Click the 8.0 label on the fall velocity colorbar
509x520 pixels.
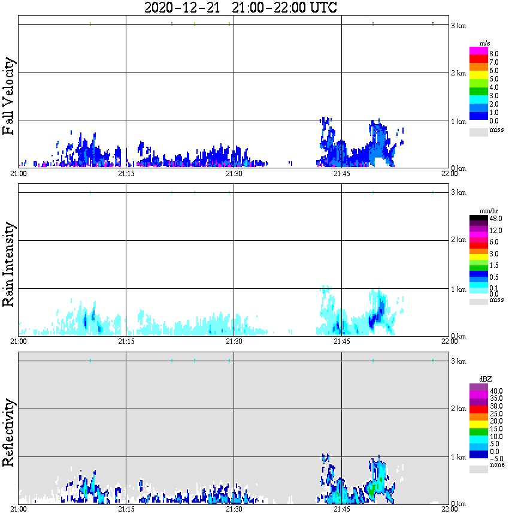(494, 53)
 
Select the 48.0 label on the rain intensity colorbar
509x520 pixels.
(496, 219)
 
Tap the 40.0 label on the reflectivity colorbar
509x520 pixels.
(496, 390)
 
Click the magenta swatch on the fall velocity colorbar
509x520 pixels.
(478, 50)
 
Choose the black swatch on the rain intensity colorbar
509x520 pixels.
(478, 219)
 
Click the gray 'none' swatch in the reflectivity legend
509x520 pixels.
(478, 470)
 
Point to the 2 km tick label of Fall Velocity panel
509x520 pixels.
(458, 73)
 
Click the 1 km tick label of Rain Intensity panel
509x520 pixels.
(458, 289)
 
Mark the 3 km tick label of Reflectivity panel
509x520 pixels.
(458, 361)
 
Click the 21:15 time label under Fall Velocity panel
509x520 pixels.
(126, 173)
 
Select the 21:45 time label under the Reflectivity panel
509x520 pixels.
(341, 509)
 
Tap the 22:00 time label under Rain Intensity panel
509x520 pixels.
(449, 341)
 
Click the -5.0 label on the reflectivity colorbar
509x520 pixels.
(496, 459)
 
